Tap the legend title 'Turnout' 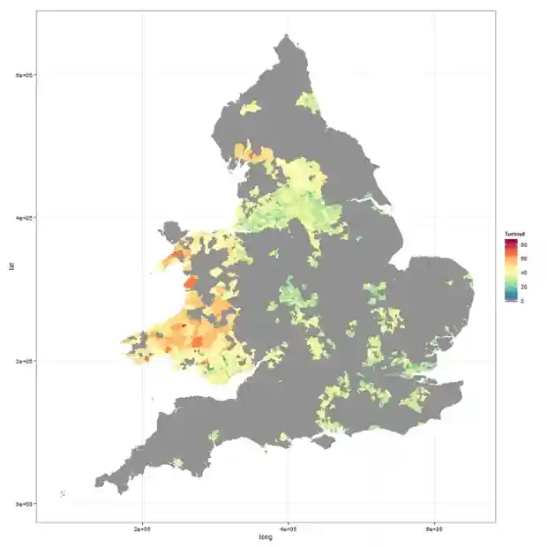pyautogui.click(x=515, y=233)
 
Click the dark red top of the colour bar pyautogui.click(x=510, y=240)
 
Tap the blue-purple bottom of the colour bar pyautogui.click(x=510, y=301)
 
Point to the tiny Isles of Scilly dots pyautogui.click(x=61, y=493)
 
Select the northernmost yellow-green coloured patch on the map pyautogui.click(x=306, y=101)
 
